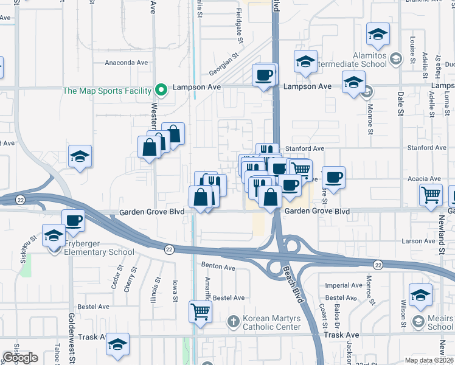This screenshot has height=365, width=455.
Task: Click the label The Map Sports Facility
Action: (106, 91)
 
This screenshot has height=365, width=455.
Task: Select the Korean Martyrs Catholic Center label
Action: (272, 322)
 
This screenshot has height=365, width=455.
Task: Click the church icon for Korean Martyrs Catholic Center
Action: (232, 321)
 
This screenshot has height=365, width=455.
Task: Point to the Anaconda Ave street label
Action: (127, 62)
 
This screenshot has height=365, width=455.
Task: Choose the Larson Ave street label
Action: (418, 242)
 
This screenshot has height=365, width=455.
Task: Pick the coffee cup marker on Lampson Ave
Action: (264, 75)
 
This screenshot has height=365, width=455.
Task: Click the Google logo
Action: (20, 358)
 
